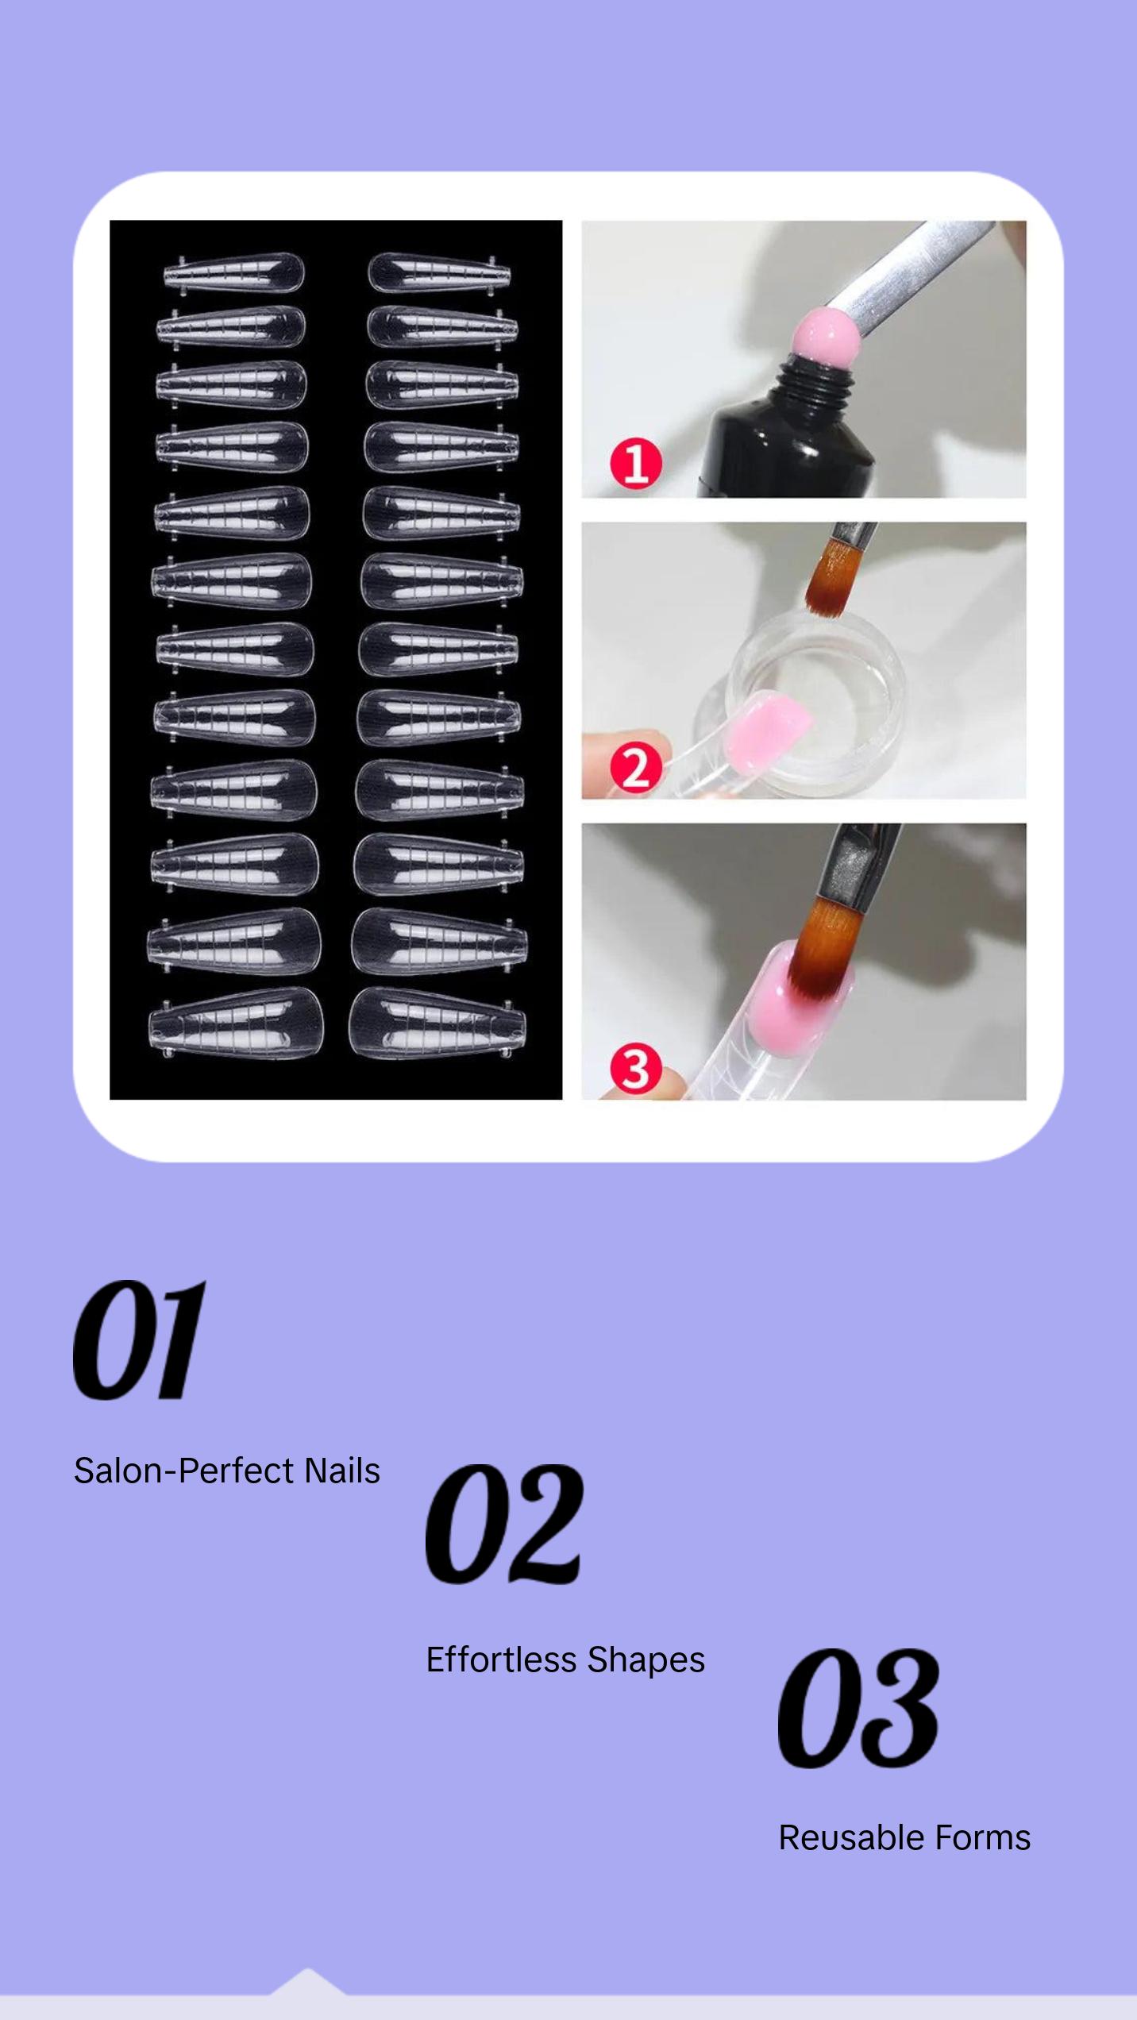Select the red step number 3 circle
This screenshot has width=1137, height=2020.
(635, 1068)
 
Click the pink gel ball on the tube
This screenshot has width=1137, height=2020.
(819, 336)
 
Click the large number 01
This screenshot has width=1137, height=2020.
(140, 1342)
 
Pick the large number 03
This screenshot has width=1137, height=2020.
(858, 1710)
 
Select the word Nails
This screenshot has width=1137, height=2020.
(342, 1471)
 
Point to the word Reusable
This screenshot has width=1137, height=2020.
(850, 1837)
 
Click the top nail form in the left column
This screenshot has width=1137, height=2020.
(234, 272)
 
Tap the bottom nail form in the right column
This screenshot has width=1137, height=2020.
(437, 1023)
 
